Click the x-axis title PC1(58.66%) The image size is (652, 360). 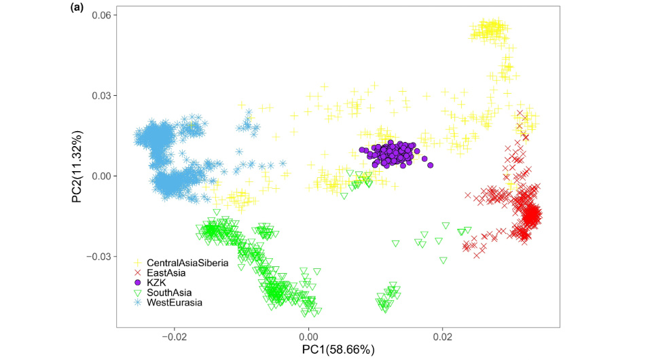(331, 349)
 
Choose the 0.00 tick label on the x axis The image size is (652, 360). (309, 336)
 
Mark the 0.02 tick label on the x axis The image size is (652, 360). (443, 336)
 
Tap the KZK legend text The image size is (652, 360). (158, 282)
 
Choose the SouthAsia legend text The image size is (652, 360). (170, 292)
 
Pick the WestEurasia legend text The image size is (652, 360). (175, 302)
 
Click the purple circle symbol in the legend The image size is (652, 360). (137, 282)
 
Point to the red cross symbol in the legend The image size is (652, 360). (137, 272)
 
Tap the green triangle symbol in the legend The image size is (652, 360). (137, 292)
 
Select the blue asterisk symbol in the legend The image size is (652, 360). (137, 302)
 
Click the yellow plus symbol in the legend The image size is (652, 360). (137, 262)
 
